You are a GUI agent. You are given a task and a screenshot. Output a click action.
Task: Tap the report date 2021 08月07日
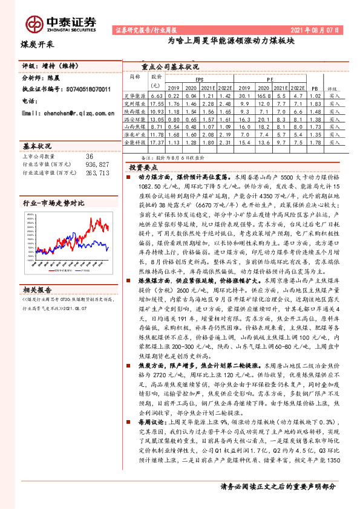(318, 29)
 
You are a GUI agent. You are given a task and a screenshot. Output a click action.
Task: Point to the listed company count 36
(90, 155)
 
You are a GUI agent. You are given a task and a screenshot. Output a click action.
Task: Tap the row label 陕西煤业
(135, 112)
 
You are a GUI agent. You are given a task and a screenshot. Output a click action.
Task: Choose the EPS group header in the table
(200, 79)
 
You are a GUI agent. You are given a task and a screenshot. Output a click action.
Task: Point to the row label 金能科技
(135, 143)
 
